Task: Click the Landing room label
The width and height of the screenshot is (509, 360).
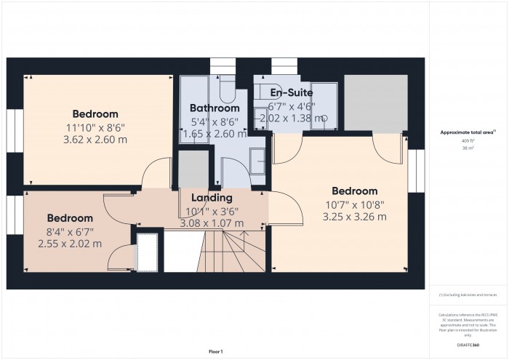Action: (212, 198)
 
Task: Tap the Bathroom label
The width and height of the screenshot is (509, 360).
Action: (215, 108)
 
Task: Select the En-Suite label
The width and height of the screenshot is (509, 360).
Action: (292, 93)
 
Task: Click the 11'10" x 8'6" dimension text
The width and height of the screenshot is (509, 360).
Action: (95, 127)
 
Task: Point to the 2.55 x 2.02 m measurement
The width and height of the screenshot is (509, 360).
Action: (70, 244)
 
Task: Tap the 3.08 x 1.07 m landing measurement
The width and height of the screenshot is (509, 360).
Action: (212, 223)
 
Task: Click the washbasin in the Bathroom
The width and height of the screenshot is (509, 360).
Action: (257, 160)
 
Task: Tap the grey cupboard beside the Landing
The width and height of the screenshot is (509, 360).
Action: (193, 171)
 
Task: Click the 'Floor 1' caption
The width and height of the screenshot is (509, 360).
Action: (216, 351)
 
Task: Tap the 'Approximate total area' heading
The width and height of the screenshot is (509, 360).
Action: (468, 132)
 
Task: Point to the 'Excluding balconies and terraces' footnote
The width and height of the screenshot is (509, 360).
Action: (468, 295)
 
